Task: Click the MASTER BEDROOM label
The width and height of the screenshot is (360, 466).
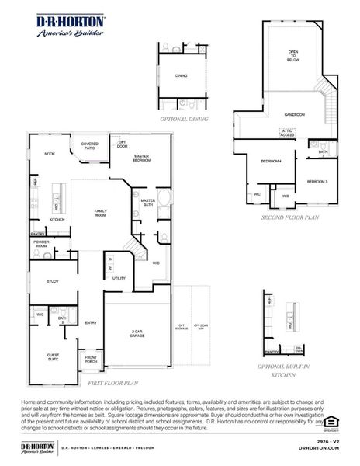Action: [141, 158]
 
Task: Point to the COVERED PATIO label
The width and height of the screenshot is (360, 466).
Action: [90, 145]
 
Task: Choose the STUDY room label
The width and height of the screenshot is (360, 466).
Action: [52, 281]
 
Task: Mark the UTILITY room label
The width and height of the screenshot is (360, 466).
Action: [119, 277]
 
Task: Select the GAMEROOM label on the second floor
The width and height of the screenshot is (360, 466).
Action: [293, 114]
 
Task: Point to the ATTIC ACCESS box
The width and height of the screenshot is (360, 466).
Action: [287, 134]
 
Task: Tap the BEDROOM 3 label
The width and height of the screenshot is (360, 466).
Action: [317, 182]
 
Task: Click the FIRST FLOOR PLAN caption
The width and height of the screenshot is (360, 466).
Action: [112, 383]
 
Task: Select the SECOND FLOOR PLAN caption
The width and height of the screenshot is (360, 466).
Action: [290, 219]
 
